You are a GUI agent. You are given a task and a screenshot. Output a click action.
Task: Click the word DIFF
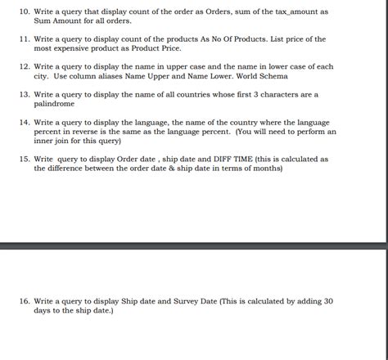coord(220,159)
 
